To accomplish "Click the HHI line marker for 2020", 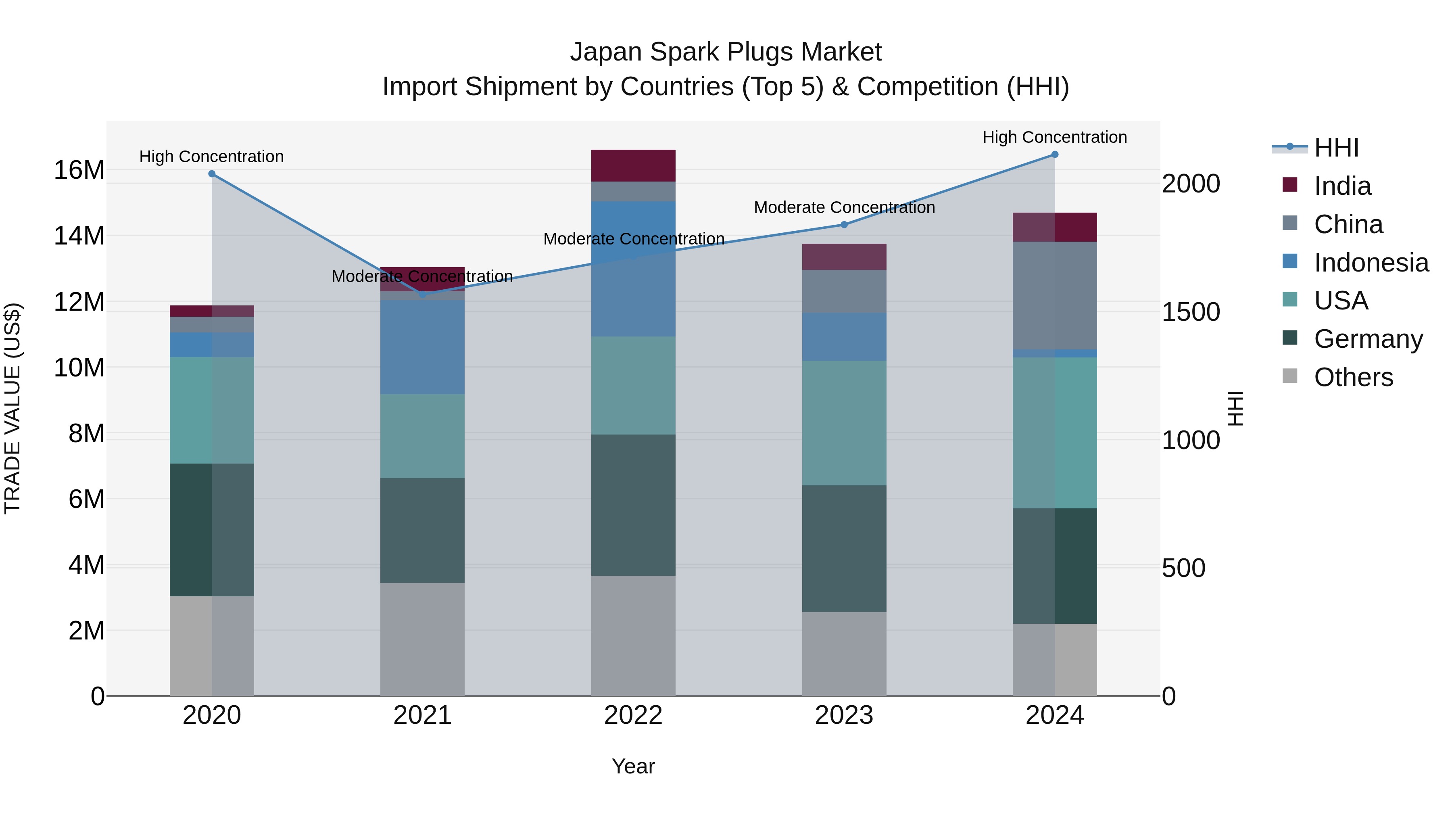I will coord(212,173).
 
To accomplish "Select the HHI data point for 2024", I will coord(1055,155).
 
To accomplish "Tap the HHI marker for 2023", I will coord(844,224).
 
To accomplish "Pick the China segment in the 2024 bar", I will coord(1055,295).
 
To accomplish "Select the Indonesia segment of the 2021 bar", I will coord(422,347).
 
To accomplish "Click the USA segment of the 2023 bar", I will coord(844,423).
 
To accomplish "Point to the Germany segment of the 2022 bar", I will coord(633,505).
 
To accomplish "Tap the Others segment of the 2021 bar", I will coord(422,639).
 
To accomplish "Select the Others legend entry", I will coord(1353,377).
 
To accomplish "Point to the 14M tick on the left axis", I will coord(79,236).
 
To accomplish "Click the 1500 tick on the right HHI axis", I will coord(1191,312).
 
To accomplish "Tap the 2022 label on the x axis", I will coord(633,715).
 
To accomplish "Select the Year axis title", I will coord(633,766).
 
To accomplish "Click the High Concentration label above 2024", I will coord(1055,137).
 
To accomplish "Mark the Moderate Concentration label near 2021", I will coord(422,276).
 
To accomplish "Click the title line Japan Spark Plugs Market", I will coord(726,52).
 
